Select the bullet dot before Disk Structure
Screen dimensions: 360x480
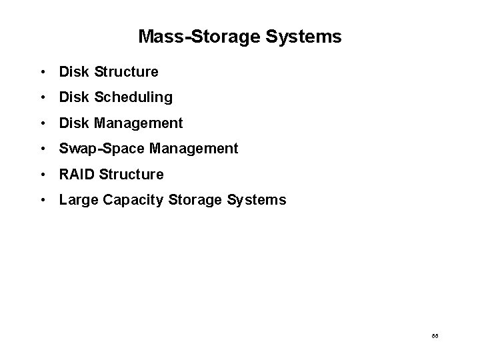click(x=42, y=71)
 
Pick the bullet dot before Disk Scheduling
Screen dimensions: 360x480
click(x=42, y=97)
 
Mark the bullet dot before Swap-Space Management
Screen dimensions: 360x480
click(x=42, y=149)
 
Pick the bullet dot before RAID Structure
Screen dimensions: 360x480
click(x=42, y=175)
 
